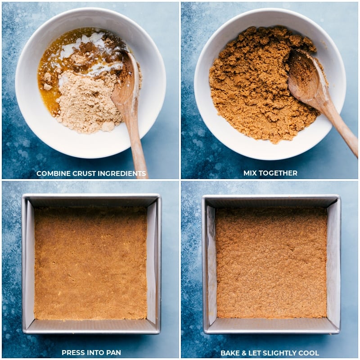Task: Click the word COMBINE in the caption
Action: [x=53, y=174]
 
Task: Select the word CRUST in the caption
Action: [x=84, y=174]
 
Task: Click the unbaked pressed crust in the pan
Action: [x=90, y=263]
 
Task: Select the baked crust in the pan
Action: [x=271, y=263]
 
